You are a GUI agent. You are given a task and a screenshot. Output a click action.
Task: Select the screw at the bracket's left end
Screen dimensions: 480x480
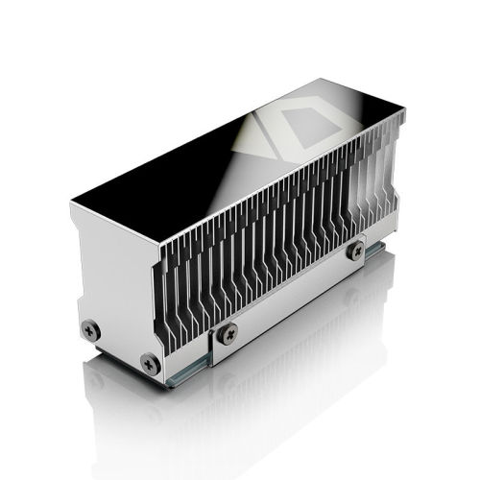(228, 333)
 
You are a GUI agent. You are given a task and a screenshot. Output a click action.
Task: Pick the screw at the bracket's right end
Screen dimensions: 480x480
(356, 251)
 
